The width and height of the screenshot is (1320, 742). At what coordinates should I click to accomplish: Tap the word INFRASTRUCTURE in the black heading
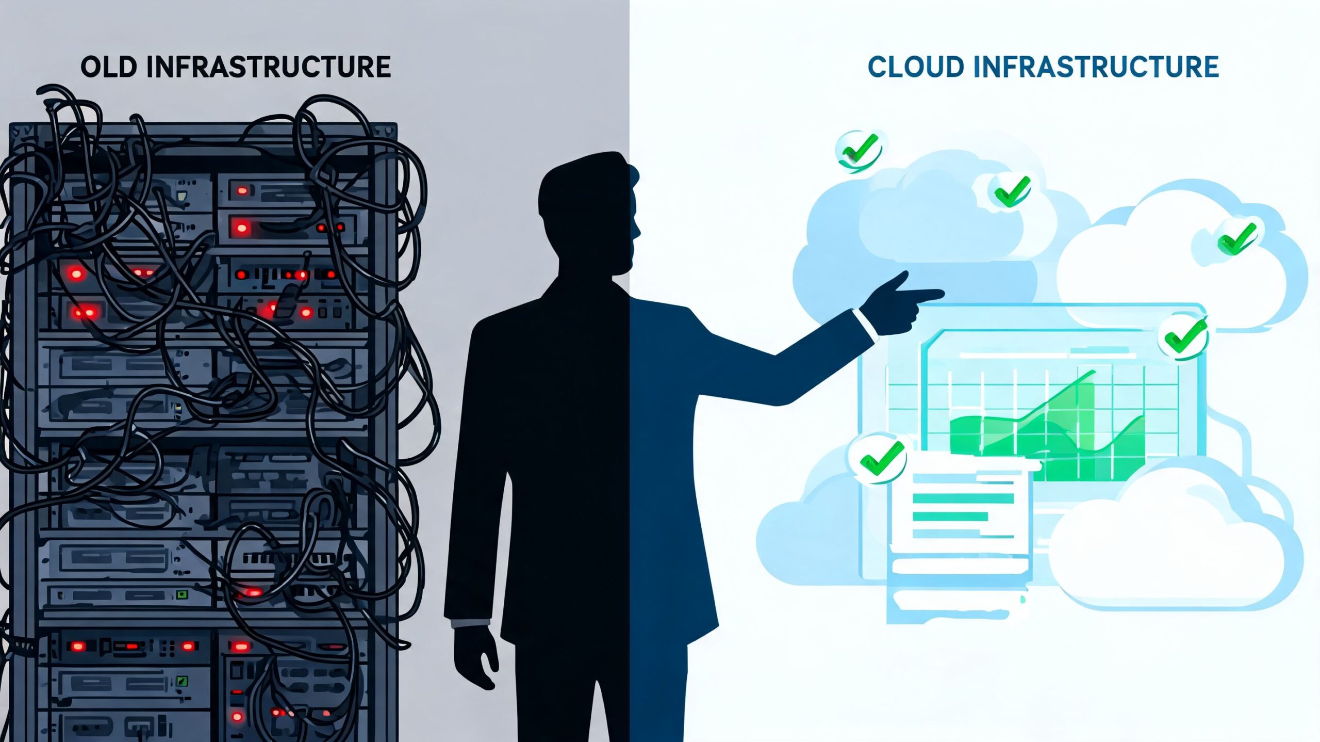click(269, 67)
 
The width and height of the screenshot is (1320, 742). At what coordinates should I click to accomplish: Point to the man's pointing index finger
click(923, 295)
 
